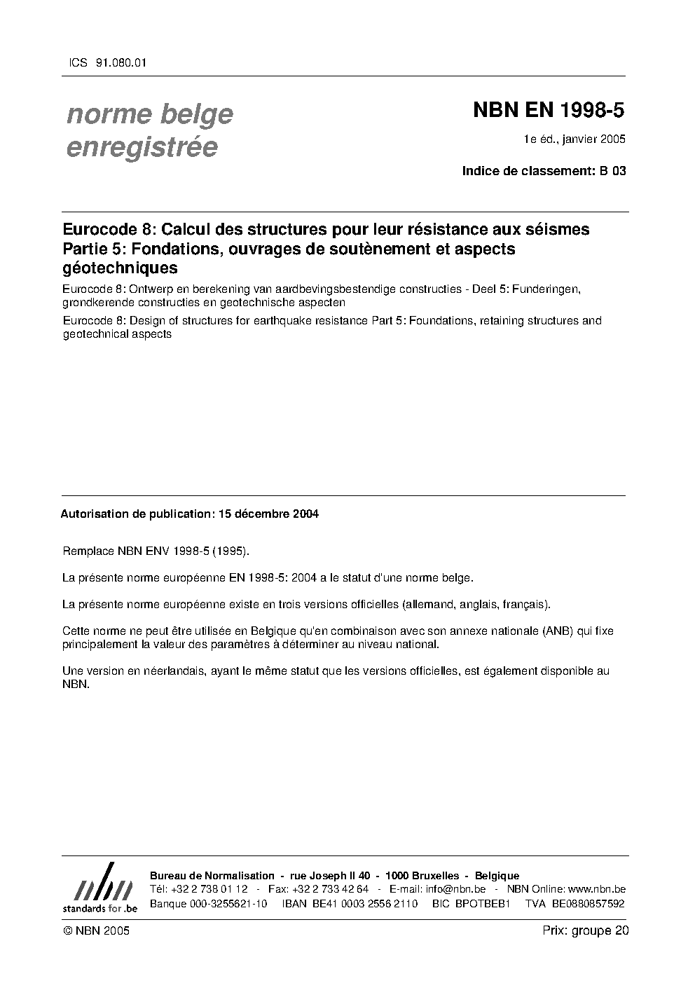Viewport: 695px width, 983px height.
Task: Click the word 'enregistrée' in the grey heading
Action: (x=142, y=148)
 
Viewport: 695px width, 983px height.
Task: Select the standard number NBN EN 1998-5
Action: (x=549, y=110)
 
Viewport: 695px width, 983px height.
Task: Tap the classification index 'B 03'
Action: (x=613, y=171)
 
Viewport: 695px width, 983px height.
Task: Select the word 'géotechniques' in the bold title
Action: (x=120, y=268)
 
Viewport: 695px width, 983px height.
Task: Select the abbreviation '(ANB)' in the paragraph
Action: (x=557, y=631)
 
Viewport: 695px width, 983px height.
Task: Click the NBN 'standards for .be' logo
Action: (x=99, y=888)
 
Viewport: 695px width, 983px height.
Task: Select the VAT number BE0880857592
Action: (x=589, y=903)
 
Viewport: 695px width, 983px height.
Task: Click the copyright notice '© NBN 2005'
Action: (x=96, y=930)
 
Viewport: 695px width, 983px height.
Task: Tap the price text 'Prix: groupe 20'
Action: (x=586, y=930)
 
